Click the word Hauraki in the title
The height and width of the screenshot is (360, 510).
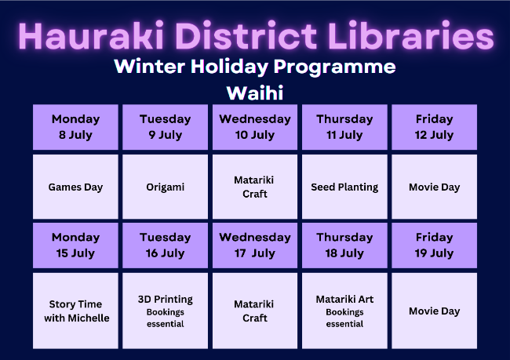91,36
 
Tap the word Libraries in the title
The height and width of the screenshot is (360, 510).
411,36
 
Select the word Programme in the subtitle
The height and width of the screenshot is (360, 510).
335,67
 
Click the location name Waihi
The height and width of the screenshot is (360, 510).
255,93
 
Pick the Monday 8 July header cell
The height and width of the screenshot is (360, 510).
75,127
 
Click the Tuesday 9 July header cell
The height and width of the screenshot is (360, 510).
166,127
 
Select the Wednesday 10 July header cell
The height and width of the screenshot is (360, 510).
255,127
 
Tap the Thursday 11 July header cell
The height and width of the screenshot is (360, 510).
344,127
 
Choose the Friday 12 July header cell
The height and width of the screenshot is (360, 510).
434,127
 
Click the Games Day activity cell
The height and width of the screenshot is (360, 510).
75,187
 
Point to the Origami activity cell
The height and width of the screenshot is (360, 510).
166,187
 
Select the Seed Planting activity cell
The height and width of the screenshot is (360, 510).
344,187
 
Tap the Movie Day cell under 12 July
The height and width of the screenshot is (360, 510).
434,187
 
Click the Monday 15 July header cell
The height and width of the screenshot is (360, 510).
75,245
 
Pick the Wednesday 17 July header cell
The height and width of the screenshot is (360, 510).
255,245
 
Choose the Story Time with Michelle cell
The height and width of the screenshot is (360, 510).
75,311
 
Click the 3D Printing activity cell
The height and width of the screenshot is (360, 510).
166,311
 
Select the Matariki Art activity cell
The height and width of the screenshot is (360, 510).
344,311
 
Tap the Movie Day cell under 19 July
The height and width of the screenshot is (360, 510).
434,311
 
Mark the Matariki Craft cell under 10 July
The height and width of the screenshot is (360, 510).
255,187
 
